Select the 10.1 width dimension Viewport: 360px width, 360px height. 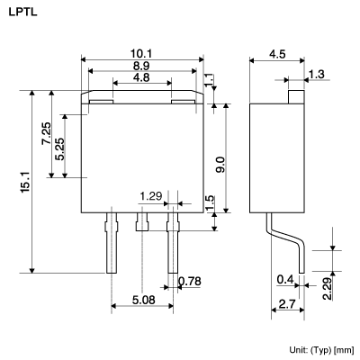[142, 53]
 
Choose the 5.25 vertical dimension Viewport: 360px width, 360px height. [59, 146]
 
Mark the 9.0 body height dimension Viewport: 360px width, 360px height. [220, 165]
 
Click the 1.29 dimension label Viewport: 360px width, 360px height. [151, 195]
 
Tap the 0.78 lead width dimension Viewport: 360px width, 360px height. [190, 283]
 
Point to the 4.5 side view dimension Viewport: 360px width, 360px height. [278, 54]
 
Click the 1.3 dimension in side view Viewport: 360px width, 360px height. [316, 74]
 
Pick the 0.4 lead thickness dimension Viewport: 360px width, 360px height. [285, 278]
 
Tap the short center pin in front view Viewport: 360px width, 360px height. [140, 220]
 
